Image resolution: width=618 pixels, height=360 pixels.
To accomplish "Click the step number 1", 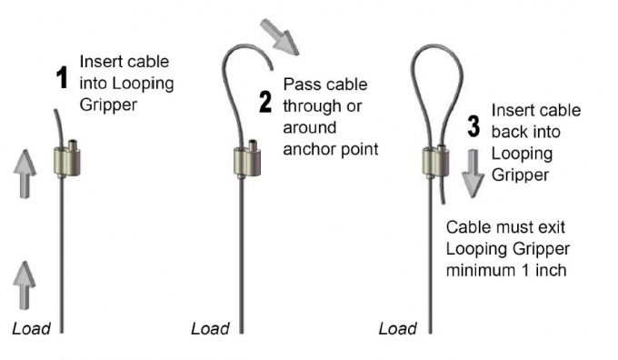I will tap(62, 78).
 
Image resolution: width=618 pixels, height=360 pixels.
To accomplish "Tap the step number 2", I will tap(265, 101).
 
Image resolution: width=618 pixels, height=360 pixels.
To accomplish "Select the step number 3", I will tap(473, 126).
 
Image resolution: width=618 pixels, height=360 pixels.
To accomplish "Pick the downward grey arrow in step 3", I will tap(472, 175).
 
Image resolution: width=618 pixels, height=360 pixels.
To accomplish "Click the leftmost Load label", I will tap(31, 328).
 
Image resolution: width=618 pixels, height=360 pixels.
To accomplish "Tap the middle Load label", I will tap(210, 328).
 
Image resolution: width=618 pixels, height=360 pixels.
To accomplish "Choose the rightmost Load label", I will tap(397, 328).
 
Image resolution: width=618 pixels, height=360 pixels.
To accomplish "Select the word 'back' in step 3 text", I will tap(509, 132).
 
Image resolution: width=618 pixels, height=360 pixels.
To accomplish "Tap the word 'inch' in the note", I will tap(547, 269).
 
